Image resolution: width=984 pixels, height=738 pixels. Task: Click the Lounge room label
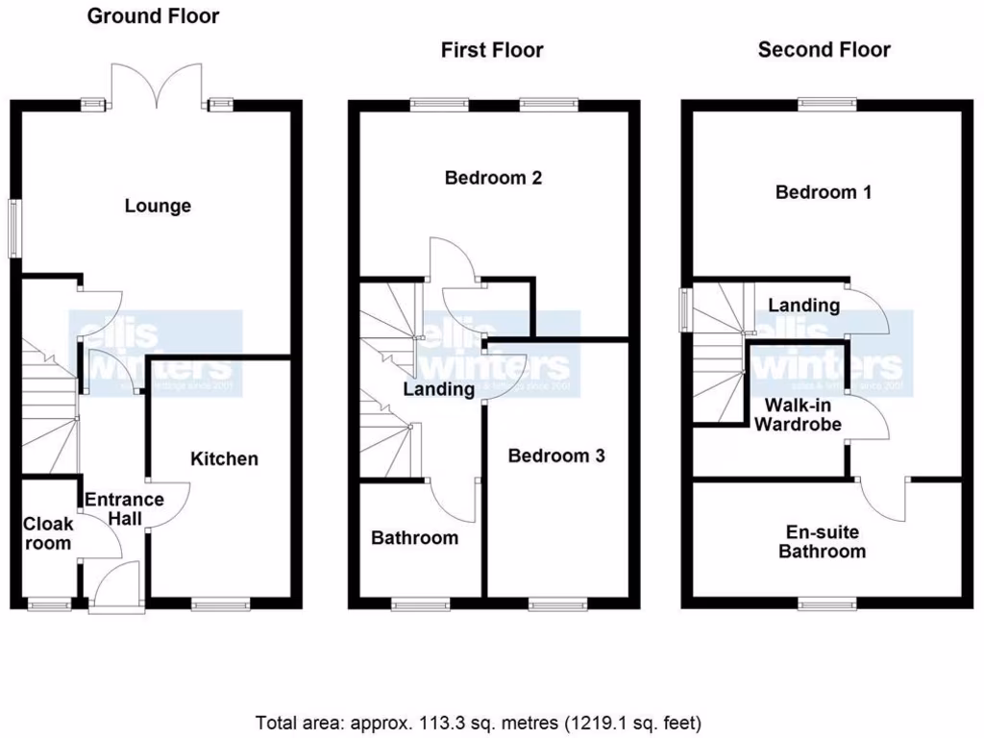click(158, 206)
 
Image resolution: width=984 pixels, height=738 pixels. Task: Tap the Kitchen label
click(224, 458)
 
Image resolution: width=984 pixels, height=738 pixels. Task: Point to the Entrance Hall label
click(124, 509)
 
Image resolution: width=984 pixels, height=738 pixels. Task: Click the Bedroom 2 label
click(493, 178)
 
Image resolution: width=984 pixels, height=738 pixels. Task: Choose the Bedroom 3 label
click(556, 455)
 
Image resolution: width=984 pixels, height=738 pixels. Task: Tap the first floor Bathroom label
click(415, 537)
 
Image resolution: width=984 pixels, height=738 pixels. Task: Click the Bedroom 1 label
click(824, 192)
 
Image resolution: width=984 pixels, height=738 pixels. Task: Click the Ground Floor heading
click(153, 16)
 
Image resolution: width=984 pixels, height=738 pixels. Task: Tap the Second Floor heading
click(824, 49)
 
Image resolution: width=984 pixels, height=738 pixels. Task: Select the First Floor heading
click(492, 50)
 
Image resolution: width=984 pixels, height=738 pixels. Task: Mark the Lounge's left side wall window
click(14, 227)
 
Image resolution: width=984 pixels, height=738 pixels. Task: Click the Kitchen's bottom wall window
click(220, 603)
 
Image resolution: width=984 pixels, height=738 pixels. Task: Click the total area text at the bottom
click(478, 721)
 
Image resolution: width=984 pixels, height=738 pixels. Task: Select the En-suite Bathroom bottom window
click(827, 603)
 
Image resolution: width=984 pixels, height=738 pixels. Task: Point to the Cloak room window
click(48, 603)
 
